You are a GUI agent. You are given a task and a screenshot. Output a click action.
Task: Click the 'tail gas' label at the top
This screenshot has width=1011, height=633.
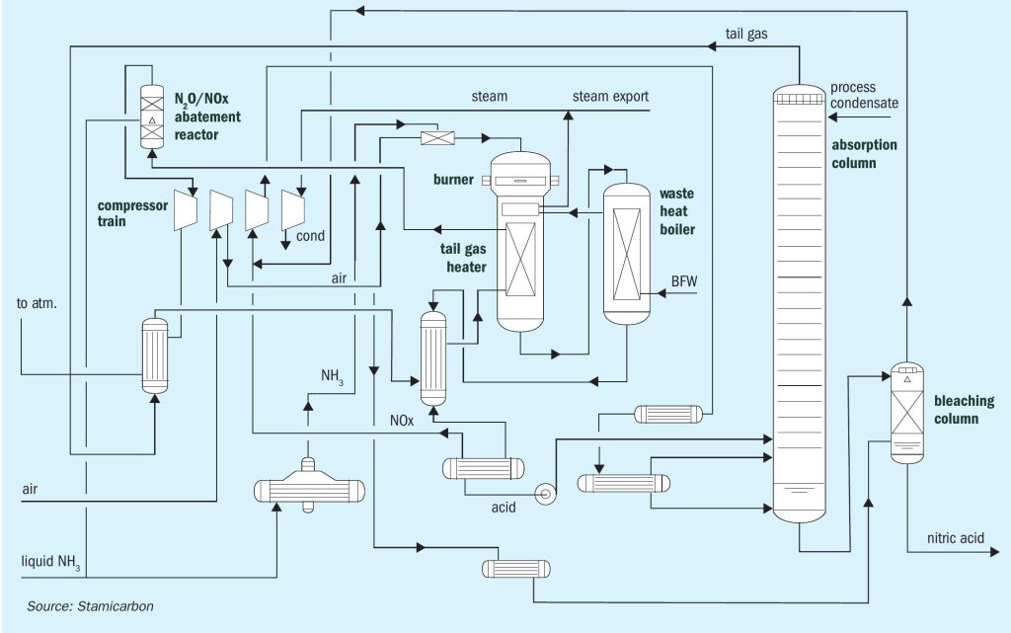(746, 34)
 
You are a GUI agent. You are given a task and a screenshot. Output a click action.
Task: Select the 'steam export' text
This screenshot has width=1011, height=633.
(610, 96)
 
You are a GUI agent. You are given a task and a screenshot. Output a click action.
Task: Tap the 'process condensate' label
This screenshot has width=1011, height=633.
(864, 95)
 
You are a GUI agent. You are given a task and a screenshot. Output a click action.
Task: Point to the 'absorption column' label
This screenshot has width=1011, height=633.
(864, 153)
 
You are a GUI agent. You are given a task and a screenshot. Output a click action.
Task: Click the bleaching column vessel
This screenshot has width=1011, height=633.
(907, 413)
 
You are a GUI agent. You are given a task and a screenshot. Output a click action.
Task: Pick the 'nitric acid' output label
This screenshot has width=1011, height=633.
(956, 537)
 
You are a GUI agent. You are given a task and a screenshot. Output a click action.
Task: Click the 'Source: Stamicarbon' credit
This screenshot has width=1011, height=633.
(90, 606)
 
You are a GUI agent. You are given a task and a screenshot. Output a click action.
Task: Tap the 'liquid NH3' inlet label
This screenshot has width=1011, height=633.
(51, 562)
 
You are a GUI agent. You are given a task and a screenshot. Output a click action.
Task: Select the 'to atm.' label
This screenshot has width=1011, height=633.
(37, 303)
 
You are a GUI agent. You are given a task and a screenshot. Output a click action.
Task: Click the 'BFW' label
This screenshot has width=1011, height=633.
(684, 281)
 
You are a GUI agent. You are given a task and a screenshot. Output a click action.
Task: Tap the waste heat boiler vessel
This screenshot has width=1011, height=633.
(627, 254)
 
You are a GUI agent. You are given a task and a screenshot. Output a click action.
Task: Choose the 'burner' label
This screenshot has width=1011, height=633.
(453, 179)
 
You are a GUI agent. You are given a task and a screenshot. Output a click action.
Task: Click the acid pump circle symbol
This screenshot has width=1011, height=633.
(545, 495)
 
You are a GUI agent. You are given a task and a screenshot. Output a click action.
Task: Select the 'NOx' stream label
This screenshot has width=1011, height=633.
(402, 421)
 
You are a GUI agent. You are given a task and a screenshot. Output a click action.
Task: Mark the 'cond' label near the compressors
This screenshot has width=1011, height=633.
(310, 236)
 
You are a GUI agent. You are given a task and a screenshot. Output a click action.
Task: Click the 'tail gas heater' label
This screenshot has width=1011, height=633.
(464, 258)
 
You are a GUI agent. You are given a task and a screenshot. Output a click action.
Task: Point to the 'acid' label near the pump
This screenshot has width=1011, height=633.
(504, 508)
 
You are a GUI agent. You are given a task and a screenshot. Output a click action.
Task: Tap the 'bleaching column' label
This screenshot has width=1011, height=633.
(964, 409)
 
